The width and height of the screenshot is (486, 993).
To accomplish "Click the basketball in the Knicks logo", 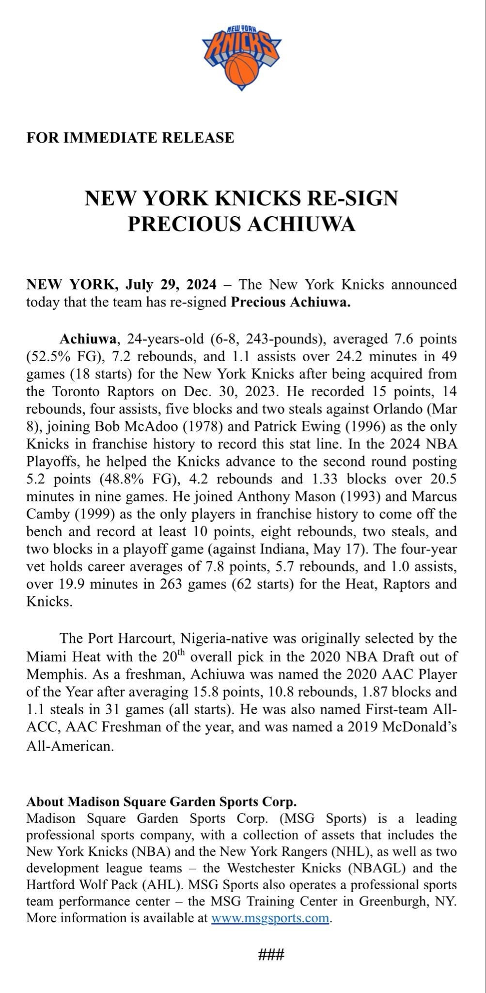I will pos(243,68).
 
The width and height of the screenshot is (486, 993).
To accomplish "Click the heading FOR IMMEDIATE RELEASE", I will pos(130,138).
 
